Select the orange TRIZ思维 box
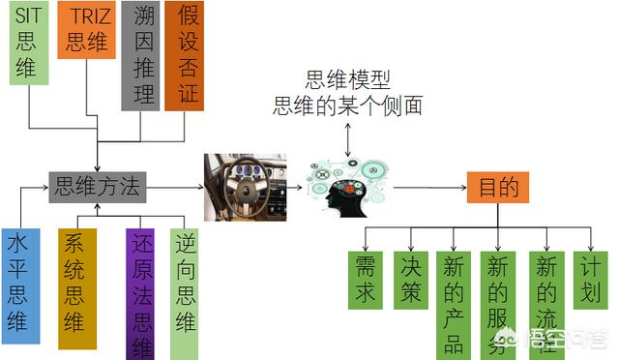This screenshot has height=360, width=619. coord(86,30)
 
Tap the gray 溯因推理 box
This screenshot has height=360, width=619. coord(140,54)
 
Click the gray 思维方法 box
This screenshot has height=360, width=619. coord(98,187)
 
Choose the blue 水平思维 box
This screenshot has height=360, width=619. coord(20,286)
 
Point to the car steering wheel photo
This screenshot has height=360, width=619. coord(245,187)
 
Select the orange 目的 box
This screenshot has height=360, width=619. coord(497,187)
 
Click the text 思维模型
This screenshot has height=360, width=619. coord(347,80)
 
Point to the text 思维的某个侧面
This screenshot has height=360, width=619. coord(348,105)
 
